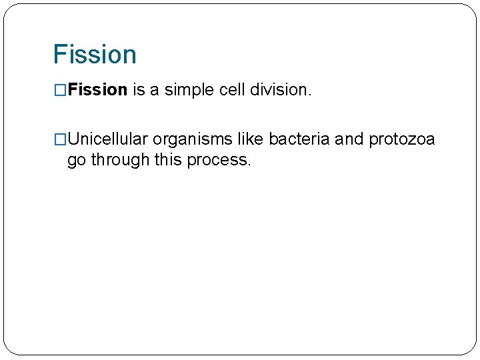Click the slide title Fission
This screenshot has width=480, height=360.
pos(95,54)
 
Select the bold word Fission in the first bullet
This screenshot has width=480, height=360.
pos(97,90)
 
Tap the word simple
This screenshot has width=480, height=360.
pos(190,90)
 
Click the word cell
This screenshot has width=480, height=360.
pos(233,90)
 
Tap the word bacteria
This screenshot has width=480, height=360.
pos(299,139)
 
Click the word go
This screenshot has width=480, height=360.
pos(77,161)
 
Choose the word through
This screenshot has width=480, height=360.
pos(118,161)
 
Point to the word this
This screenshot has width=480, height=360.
pos(164,161)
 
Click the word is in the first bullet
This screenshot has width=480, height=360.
pos(139,90)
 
